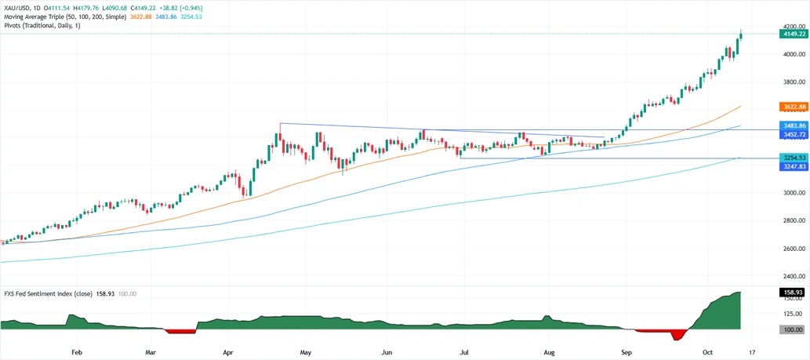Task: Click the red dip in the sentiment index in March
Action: coord(180,332)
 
